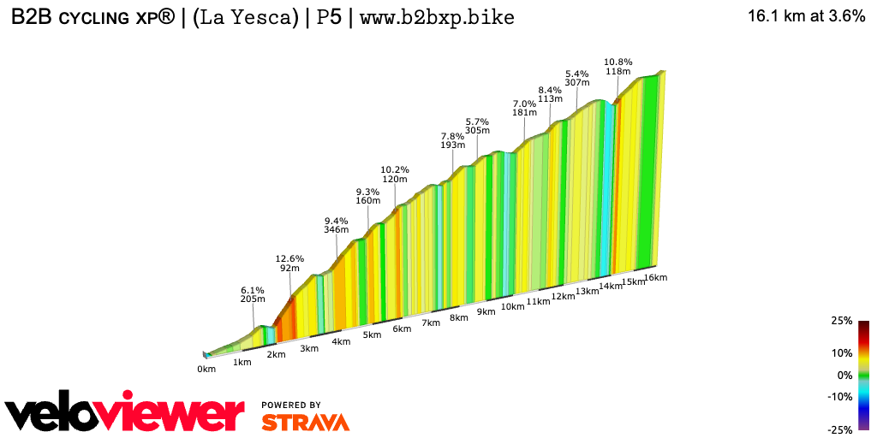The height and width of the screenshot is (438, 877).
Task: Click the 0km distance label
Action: point(206,369)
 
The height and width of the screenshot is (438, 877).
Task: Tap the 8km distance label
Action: point(459,317)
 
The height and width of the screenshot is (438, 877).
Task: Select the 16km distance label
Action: point(655,278)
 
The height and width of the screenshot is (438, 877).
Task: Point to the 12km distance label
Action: point(563,297)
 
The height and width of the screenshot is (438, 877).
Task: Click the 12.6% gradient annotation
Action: point(289,257)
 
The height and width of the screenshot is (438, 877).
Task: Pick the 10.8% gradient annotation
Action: point(617,62)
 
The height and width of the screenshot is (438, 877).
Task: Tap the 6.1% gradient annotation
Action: point(252,291)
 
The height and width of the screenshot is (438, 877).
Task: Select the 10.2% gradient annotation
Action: point(395,169)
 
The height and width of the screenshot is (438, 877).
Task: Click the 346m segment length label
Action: point(337,229)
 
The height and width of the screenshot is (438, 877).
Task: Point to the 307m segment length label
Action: point(578,82)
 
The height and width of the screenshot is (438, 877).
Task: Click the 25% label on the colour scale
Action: point(842,321)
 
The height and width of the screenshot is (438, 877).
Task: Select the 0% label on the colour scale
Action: point(844,375)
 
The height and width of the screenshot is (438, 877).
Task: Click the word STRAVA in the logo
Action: point(305,422)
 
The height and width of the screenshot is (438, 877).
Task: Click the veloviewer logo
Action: point(124,413)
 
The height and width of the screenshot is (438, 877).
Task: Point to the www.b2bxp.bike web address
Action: point(437,16)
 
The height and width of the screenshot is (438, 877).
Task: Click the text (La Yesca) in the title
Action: point(245,16)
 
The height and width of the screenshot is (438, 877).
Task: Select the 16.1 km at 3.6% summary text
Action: point(806,16)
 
